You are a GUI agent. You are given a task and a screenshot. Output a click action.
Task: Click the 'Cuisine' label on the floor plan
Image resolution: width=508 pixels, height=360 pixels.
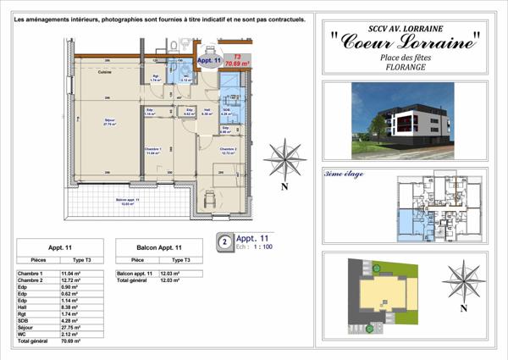(x=105, y=73)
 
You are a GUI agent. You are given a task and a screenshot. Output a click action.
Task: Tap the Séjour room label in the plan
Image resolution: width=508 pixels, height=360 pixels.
(x=109, y=120)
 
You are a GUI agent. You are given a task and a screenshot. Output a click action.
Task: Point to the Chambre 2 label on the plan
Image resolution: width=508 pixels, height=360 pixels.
(x=224, y=151)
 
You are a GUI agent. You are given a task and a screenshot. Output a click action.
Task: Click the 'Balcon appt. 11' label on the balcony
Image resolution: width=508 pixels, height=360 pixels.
(x=130, y=201)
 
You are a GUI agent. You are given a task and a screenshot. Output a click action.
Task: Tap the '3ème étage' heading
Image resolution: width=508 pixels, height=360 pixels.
(x=340, y=173)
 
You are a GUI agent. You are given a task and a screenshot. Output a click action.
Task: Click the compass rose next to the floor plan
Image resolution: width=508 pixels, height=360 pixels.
(x=284, y=159)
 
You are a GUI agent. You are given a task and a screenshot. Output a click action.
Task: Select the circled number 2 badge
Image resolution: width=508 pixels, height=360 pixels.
(x=224, y=241)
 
